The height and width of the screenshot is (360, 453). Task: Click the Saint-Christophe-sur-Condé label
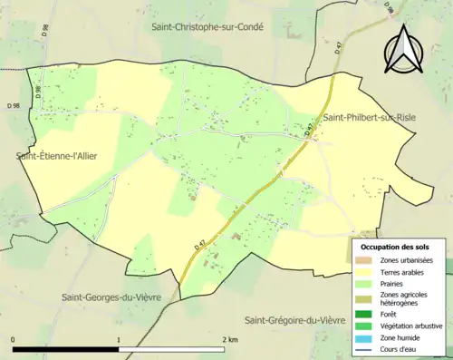[x=207, y=27]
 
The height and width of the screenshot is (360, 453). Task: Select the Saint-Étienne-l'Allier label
[x=56, y=157]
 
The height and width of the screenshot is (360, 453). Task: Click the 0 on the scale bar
[x=14, y=340]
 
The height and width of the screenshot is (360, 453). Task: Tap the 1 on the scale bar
[x=119, y=340]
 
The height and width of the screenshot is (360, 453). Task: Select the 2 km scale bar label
[x=230, y=340]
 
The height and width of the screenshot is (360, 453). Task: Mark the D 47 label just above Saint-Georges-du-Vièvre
[x=199, y=246]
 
